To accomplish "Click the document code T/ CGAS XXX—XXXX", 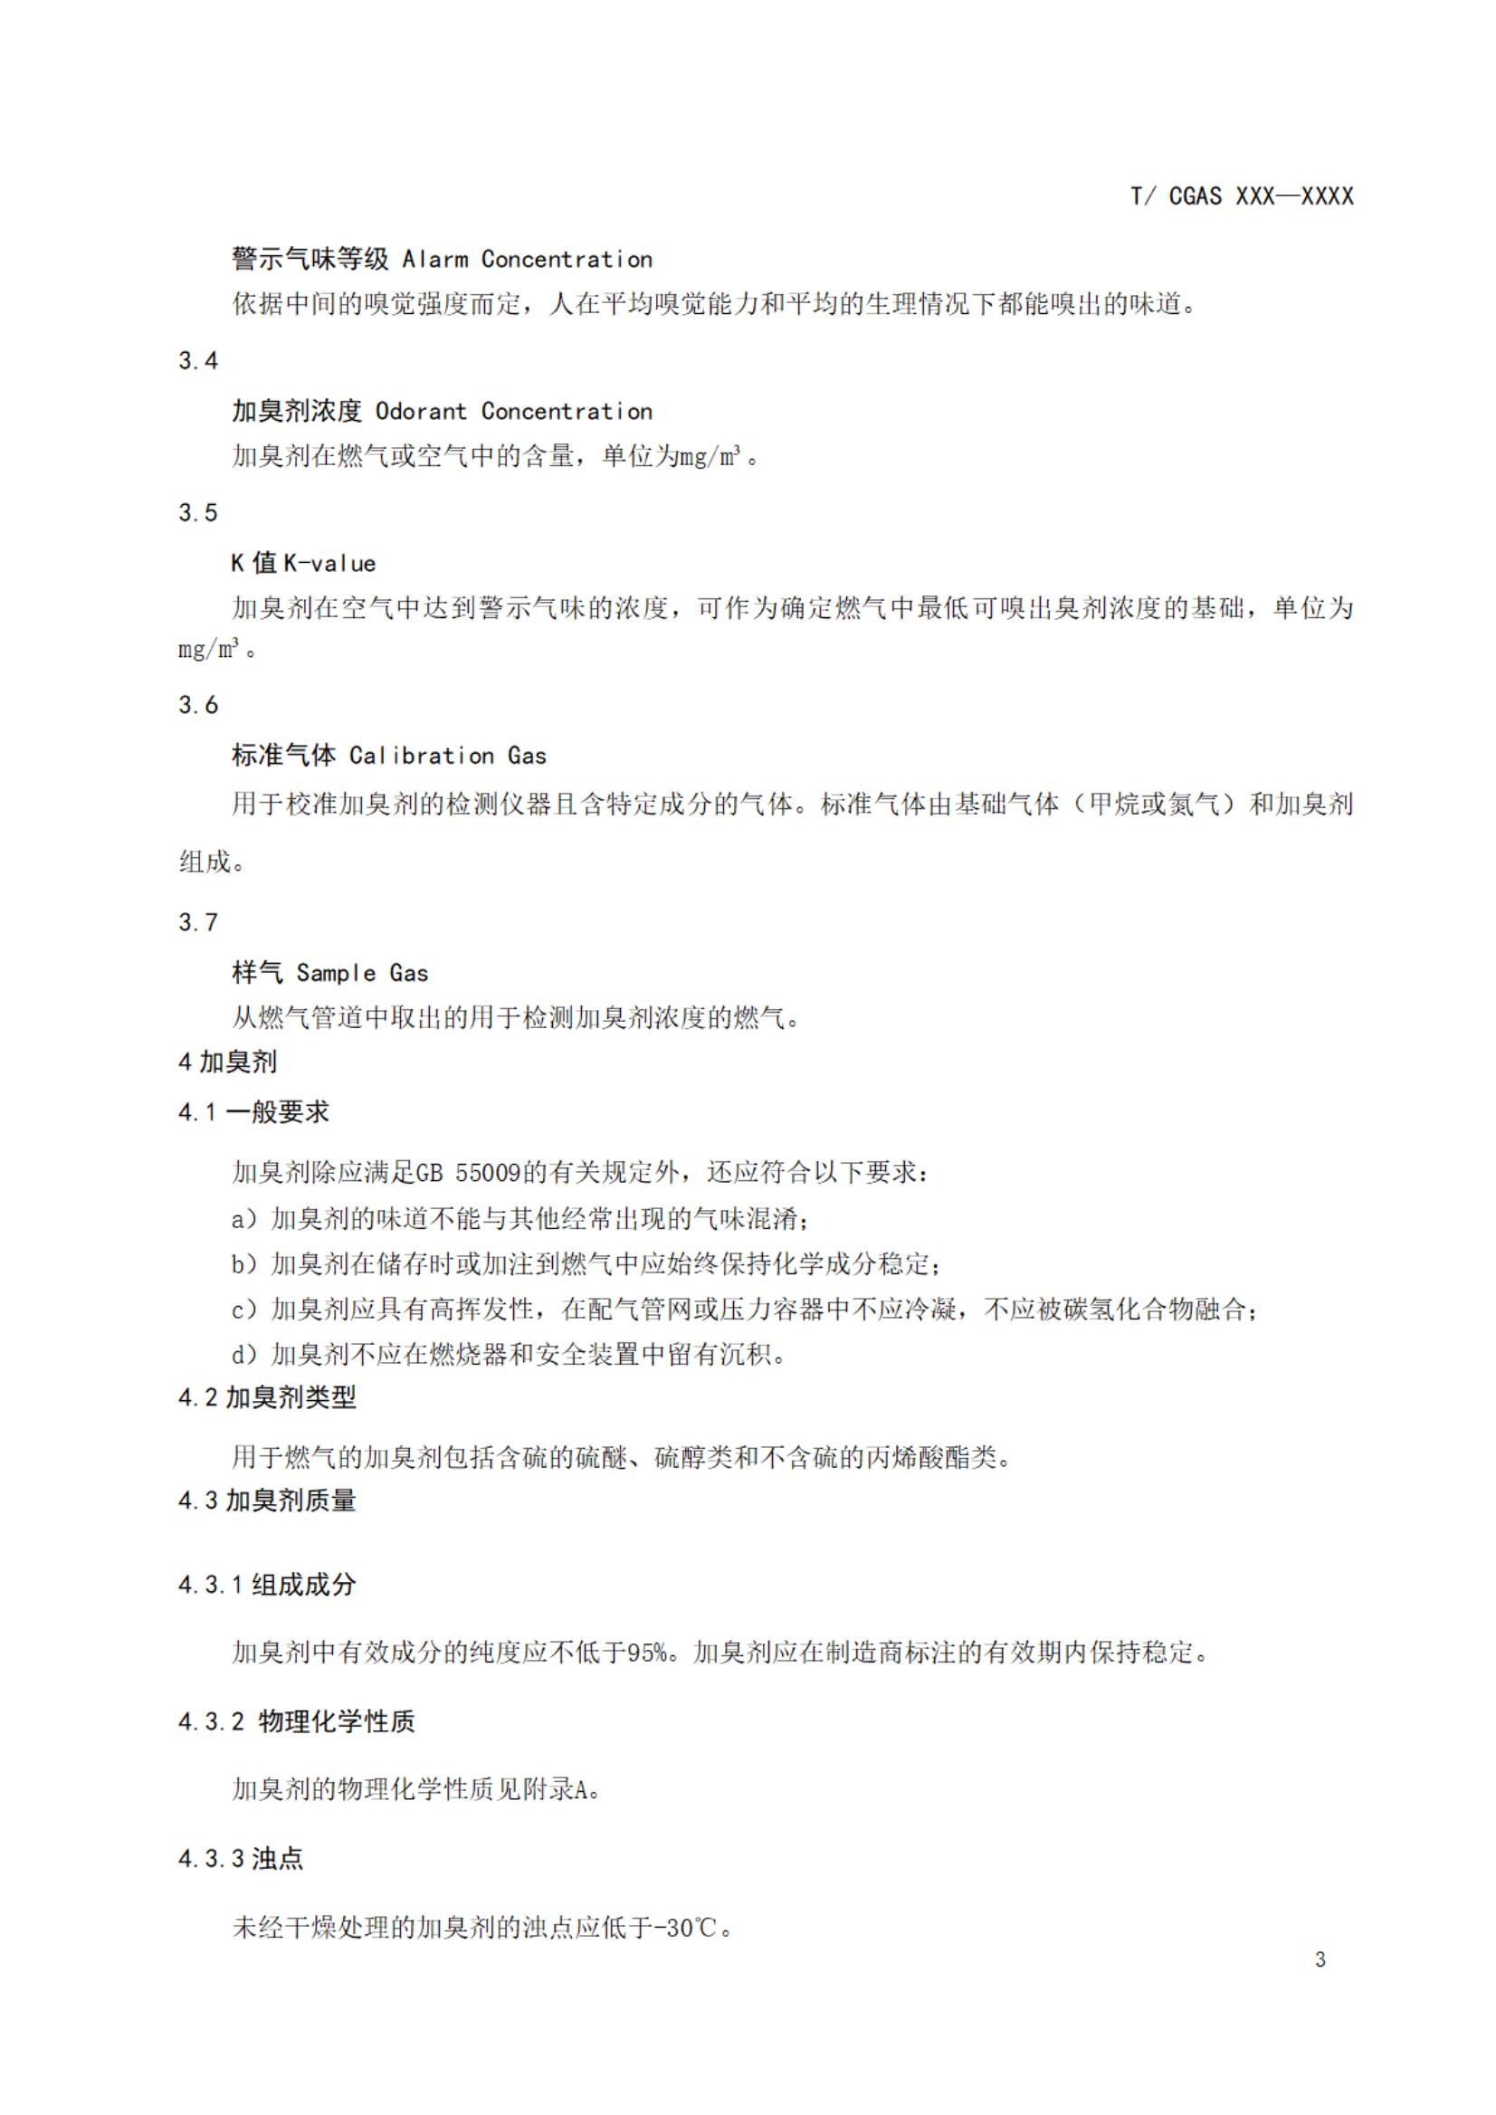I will [1242, 196].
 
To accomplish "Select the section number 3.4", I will [198, 360].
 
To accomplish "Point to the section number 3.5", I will [198, 512].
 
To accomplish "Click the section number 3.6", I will [198, 705].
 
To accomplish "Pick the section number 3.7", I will [198, 922].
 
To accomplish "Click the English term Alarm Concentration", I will [527, 259].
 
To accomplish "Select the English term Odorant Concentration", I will [513, 411].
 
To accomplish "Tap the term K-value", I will [329, 563].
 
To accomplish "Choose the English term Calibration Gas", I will [448, 756].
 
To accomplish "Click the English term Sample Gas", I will [362, 973].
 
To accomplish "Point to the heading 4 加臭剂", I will [227, 1062].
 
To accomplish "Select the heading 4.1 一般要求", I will [253, 1112].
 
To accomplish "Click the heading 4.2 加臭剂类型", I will [267, 1397].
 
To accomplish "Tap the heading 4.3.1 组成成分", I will [267, 1585].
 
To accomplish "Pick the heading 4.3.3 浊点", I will [241, 1858].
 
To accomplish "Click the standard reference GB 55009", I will [469, 1173].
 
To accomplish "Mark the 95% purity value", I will [647, 1653].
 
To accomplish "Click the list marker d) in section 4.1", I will [244, 1354].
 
